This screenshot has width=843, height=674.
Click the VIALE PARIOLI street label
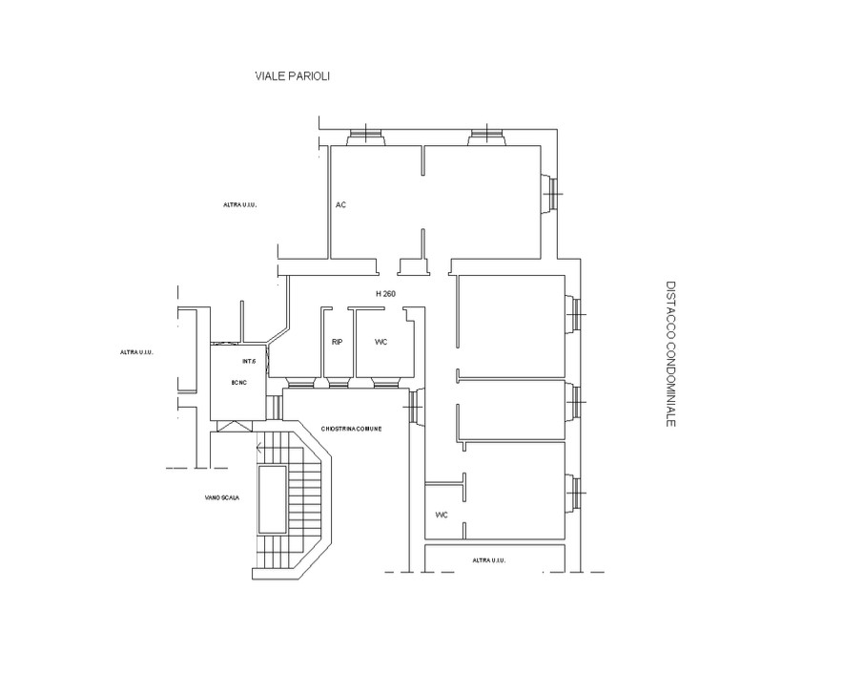[292, 76]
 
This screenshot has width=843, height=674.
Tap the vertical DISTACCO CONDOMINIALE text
[670, 353]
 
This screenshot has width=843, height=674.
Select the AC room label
[340, 205]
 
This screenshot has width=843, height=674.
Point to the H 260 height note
[385, 294]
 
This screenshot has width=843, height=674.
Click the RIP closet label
[337, 342]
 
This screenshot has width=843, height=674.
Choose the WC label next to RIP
[380, 342]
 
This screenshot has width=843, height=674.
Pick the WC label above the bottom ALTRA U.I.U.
[441, 516]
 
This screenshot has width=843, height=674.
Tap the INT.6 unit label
[249, 361]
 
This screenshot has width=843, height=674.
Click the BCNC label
[238, 383]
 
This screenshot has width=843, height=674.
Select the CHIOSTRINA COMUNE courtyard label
[351, 429]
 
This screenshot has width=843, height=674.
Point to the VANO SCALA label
[221, 498]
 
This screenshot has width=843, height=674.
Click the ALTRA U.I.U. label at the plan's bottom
[488, 560]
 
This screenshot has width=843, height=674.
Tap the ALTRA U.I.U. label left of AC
[239, 205]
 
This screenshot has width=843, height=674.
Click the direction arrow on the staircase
[260, 448]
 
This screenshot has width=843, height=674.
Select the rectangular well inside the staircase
[273, 499]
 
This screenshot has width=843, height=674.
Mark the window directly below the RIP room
[339, 383]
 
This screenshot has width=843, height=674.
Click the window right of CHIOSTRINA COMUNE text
[415, 407]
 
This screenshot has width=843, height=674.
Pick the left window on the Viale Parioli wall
[365, 137]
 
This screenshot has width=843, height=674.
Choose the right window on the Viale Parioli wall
[486, 137]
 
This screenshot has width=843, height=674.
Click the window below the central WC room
[385, 383]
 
